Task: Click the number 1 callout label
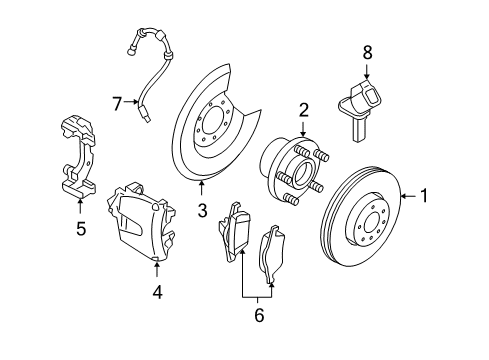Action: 424,197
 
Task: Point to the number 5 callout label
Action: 81,229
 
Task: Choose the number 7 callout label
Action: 117,104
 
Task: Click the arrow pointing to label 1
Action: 407,197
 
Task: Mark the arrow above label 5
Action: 81,207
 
